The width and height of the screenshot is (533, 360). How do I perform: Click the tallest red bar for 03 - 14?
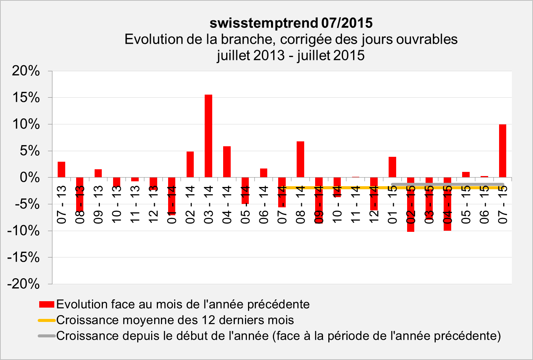click(208, 136)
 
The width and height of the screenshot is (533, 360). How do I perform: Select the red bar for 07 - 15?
click(502, 151)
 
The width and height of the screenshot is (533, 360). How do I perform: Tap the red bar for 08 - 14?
click(300, 159)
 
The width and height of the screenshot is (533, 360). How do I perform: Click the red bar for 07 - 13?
click(61, 170)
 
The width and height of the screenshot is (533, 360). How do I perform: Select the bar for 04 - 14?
click(227, 162)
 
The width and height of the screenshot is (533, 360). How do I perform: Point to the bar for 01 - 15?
click(392, 167)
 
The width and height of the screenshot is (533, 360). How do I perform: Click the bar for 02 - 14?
click(190, 164)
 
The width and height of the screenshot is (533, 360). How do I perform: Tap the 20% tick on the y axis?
click(26, 71)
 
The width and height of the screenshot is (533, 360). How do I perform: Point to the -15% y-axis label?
click(23, 257)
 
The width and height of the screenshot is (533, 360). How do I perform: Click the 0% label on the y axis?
click(29, 178)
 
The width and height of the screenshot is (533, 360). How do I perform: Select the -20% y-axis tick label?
click(23, 284)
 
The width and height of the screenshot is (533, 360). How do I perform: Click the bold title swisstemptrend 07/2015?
click(291, 23)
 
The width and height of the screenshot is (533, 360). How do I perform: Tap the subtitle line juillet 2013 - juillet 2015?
click(291, 55)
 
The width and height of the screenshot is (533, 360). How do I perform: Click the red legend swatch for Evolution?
click(47, 304)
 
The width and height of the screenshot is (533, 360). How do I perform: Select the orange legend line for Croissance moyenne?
click(47, 320)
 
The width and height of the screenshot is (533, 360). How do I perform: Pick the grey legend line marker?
click(47, 336)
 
